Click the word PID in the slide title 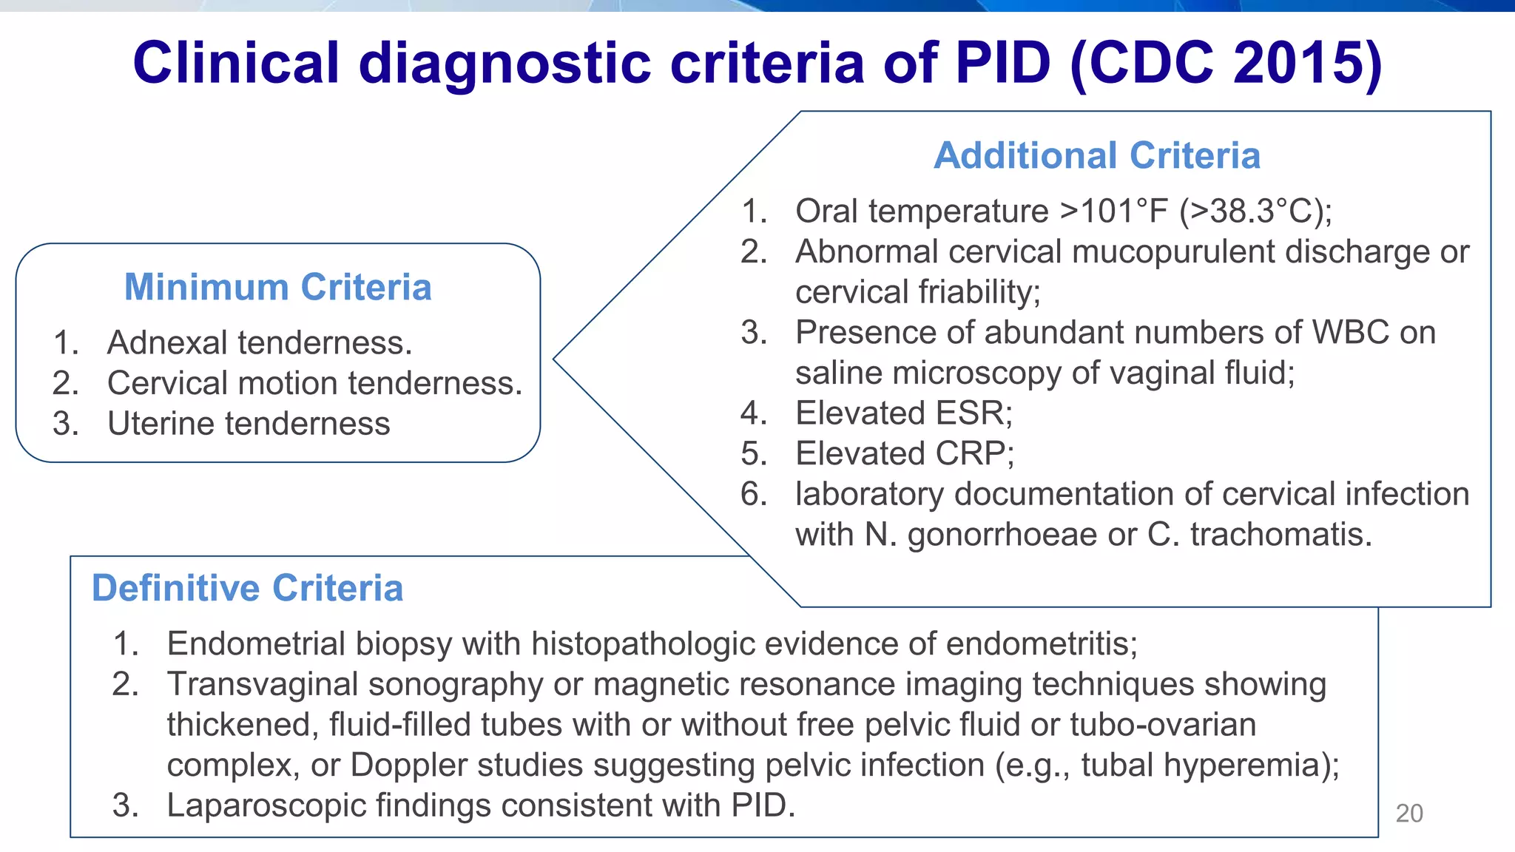pos(1002,62)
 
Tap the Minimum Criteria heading pos(277,287)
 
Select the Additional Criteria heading pos(1096,155)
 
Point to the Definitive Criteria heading pos(247,589)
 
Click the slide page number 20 pos(1408,814)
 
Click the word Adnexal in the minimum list pos(167,342)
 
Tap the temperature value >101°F pos(1114,212)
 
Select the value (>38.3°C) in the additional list pos(1255,212)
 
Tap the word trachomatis pos(1281,535)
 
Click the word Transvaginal pos(263,684)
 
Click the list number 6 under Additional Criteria pos(754,494)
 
